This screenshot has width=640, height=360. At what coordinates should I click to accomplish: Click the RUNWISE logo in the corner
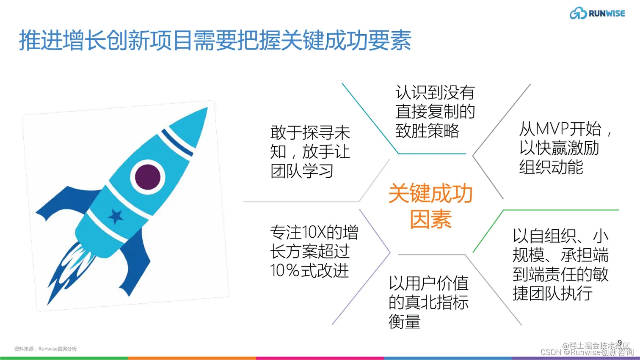pyautogui.click(x=597, y=13)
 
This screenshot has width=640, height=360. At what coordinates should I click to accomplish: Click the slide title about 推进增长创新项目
pyautogui.click(x=215, y=41)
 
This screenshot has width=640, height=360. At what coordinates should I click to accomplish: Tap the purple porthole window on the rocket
pyautogui.click(x=147, y=176)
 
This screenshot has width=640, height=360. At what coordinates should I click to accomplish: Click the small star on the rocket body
pyautogui.click(x=115, y=216)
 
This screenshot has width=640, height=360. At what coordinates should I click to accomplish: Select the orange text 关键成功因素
pyautogui.click(x=430, y=206)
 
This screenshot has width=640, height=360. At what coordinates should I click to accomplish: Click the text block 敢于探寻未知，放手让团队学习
pyautogui.click(x=310, y=151)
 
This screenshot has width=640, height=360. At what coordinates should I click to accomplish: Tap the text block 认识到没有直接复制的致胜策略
pyautogui.click(x=435, y=112)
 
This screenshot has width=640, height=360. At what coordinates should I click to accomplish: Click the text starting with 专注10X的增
pyautogui.click(x=314, y=251)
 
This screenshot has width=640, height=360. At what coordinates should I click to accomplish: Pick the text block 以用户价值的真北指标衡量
pyautogui.click(x=428, y=302)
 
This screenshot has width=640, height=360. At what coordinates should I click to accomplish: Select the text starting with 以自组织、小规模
pyautogui.click(x=560, y=264)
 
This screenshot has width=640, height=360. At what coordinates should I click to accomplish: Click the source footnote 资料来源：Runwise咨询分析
pyautogui.click(x=45, y=349)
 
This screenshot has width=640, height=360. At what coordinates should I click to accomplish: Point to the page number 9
pyautogui.click(x=620, y=343)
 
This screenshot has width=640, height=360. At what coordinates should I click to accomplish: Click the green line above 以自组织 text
pyautogui.click(x=561, y=210)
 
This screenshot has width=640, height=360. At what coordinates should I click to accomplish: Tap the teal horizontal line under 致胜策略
pyautogui.click(x=432, y=154)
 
